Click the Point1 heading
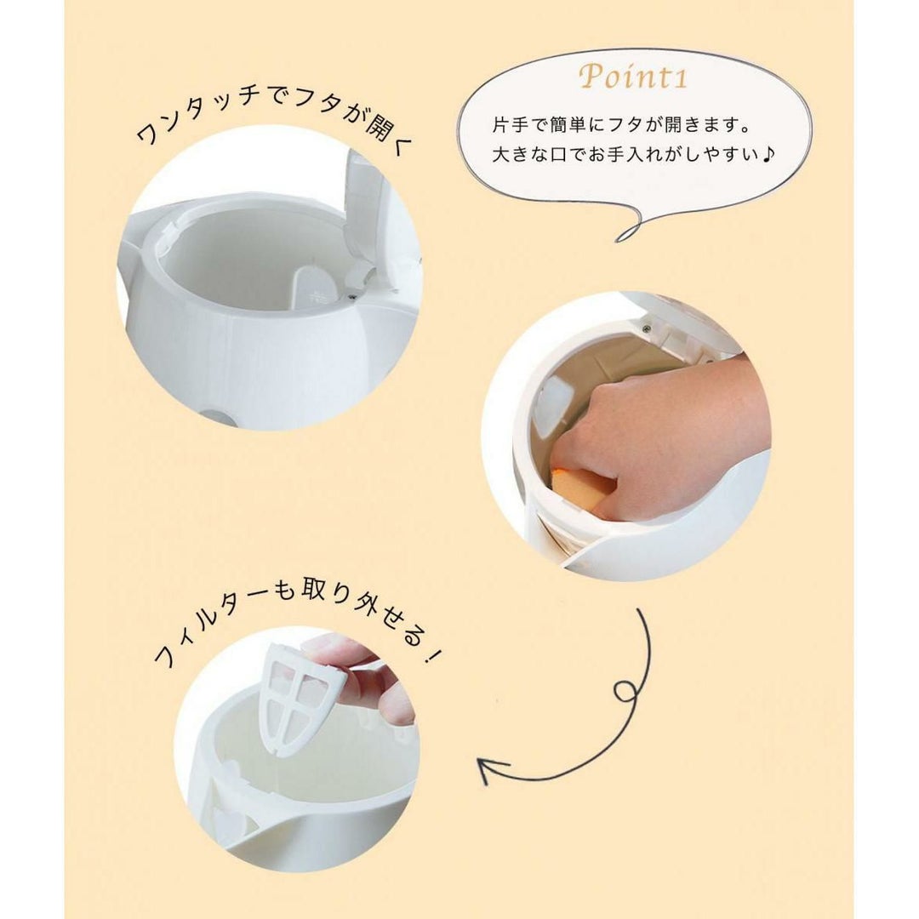tap(632, 77)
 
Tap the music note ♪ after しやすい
tap(769, 154)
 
